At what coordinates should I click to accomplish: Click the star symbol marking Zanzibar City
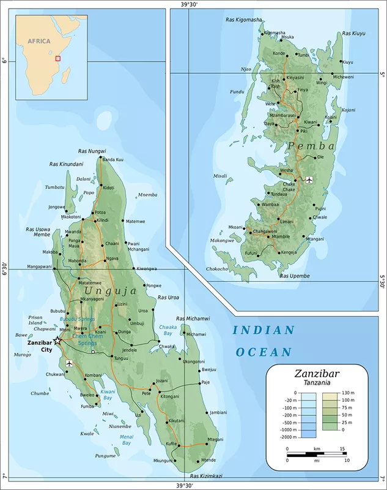click(57, 340)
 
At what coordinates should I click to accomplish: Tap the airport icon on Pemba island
click(308, 179)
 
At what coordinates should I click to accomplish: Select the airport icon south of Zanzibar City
click(68, 363)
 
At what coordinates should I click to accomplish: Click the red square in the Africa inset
click(58, 59)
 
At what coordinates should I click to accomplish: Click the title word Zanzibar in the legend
click(316, 372)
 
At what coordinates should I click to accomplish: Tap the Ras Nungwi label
click(92, 151)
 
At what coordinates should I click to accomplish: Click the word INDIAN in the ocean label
click(264, 331)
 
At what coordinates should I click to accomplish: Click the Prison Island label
click(35, 320)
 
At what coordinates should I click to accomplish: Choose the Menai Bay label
click(126, 439)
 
